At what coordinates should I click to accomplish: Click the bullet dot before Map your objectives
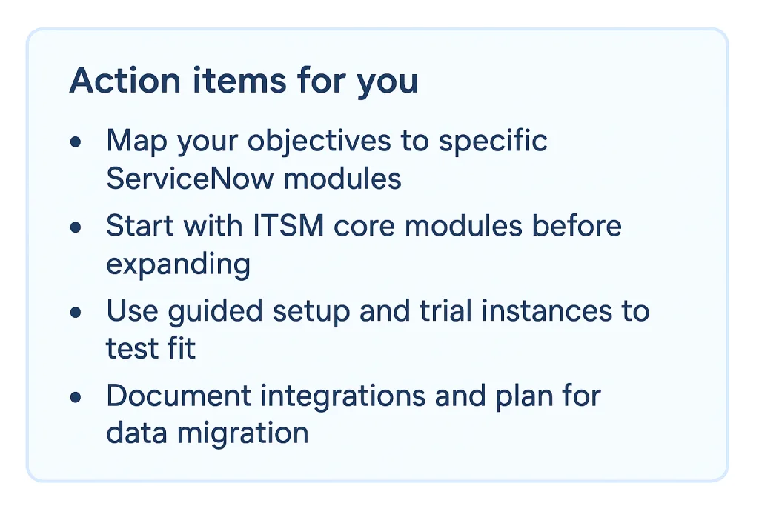coord(76,141)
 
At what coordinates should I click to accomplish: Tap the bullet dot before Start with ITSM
coord(76,226)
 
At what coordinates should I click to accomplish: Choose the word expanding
coord(178,265)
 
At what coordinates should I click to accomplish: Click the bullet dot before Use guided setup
coord(76,311)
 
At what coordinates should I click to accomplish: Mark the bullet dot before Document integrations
coord(76,396)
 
